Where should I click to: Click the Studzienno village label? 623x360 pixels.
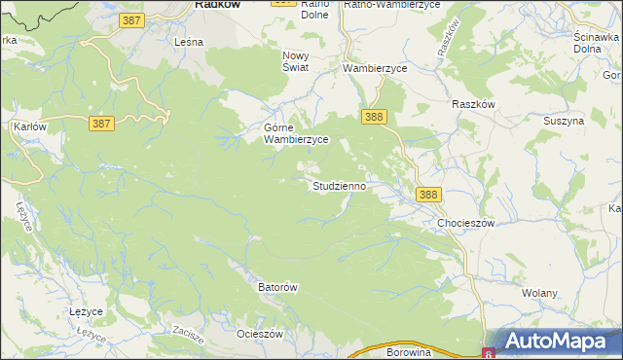pos(339,185)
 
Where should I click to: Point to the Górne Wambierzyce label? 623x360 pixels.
pos(296,133)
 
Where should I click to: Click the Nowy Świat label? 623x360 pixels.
pos(295,61)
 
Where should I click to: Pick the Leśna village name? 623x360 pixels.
pos(187,43)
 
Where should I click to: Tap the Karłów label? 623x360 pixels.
pos(30,126)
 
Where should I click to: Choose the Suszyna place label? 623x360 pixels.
pos(564,122)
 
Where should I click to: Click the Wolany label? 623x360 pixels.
pos(539,293)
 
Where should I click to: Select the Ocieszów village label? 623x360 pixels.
pos(259,334)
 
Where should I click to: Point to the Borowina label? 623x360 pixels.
pos(408,352)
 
